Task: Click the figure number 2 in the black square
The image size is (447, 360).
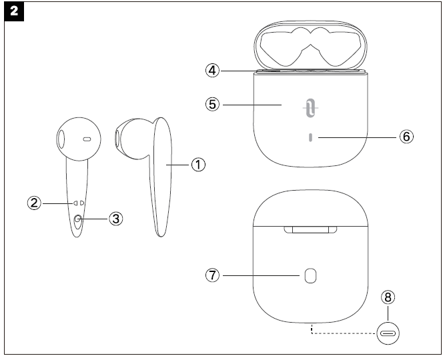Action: coord(13,13)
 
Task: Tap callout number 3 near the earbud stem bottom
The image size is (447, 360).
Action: coord(115,217)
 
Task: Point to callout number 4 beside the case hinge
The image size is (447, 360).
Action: coord(211,69)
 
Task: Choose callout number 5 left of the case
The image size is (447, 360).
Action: coord(211,105)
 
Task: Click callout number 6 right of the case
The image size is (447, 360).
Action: coord(406,136)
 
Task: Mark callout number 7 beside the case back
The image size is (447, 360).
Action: coord(211,275)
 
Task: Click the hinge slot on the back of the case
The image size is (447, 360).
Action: coord(310,230)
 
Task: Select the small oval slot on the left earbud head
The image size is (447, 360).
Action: coord(87,139)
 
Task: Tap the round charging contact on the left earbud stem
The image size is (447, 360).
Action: coord(79,219)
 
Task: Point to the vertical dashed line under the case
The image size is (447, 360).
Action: coord(311,329)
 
